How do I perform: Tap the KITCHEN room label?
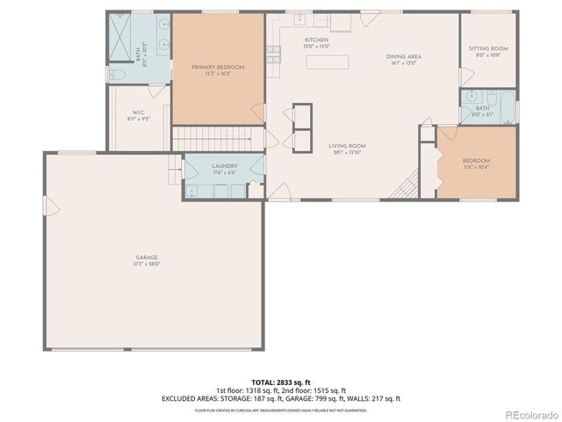pyautogui.click(x=316, y=40)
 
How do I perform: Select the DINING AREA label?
pyautogui.click(x=404, y=56)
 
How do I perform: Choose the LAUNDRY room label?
pyautogui.click(x=224, y=166)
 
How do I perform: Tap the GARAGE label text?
pyautogui.click(x=146, y=257)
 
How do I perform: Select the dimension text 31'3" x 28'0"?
pyautogui.click(x=146, y=264)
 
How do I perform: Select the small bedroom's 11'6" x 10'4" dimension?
pyautogui.click(x=477, y=167)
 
